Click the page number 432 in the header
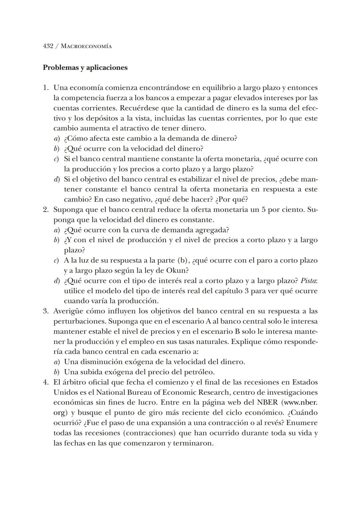click(48, 46)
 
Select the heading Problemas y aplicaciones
click(85, 67)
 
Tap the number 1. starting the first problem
click(46, 88)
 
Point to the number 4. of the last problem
click(46, 382)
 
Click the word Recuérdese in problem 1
click(139, 108)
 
